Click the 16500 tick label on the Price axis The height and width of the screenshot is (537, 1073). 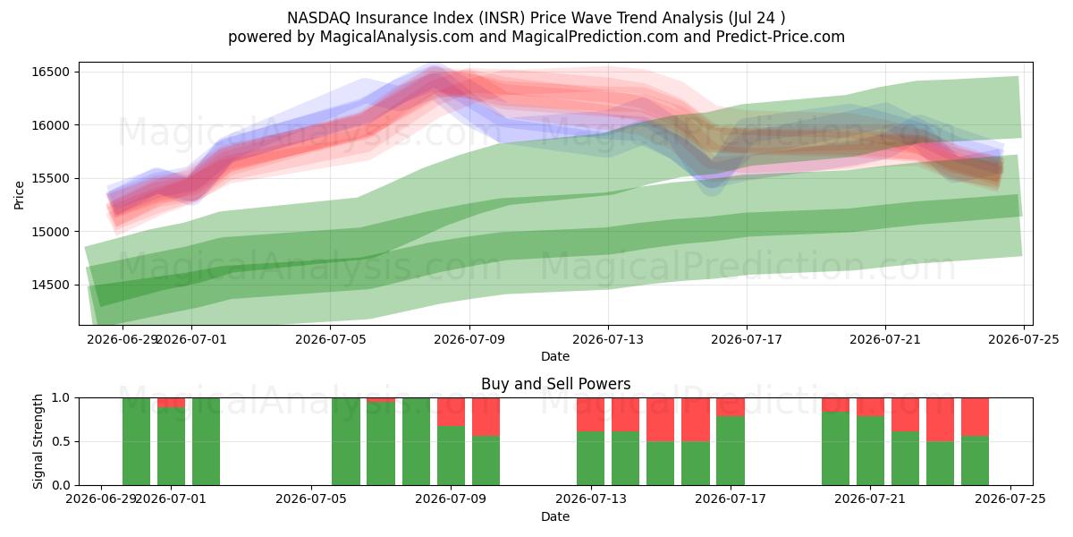(x=51, y=72)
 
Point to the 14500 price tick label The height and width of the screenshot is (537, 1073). (x=51, y=286)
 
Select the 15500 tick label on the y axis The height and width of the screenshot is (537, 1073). (x=51, y=179)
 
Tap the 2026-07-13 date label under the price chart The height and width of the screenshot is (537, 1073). (x=608, y=340)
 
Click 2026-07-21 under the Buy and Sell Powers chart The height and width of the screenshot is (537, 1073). (x=870, y=499)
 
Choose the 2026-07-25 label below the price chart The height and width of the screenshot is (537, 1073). (x=1024, y=340)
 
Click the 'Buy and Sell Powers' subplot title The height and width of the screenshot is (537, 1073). (x=555, y=384)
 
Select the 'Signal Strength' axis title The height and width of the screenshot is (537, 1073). (x=38, y=441)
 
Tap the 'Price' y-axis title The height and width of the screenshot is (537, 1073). (x=19, y=195)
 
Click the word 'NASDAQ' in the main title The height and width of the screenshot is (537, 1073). (x=318, y=18)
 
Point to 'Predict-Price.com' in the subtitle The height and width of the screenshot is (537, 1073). (x=781, y=37)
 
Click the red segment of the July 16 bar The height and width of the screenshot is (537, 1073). (x=696, y=420)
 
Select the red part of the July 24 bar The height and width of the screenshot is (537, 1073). (x=975, y=417)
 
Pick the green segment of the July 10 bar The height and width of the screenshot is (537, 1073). (x=486, y=461)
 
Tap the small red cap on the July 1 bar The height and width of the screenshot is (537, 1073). (x=171, y=403)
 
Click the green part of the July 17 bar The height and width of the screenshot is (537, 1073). (x=731, y=451)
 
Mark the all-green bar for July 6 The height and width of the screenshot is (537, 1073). (x=346, y=441)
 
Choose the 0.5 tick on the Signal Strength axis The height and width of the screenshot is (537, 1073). (x=63, y=441)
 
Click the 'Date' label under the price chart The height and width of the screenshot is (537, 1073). (x=555, y=357)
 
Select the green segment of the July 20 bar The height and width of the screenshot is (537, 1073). (x=835, y=448)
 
